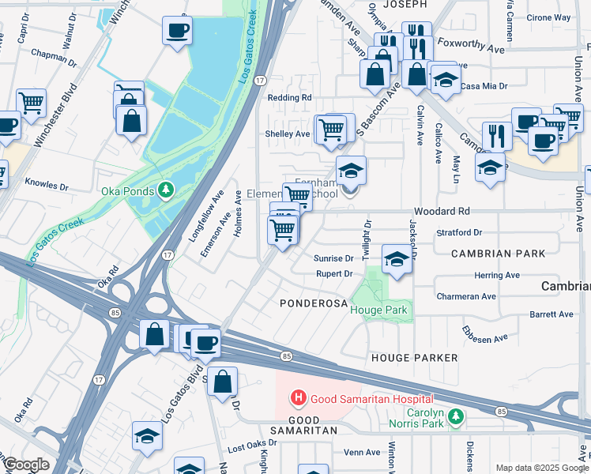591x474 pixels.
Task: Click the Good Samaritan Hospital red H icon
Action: coord(299,398)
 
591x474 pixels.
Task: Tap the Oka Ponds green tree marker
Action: coord(166,190)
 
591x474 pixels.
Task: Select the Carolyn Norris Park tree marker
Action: coord(455,416)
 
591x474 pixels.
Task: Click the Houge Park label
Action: coord(379,310)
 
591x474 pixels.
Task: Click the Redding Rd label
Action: coord(290,97)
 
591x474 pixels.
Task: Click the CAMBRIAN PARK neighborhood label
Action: coord(499,254)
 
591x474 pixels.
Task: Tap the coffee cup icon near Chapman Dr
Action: coord(176,31)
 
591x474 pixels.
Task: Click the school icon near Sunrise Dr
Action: coord(397,258)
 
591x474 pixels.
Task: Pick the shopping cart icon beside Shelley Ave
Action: coord(332,128)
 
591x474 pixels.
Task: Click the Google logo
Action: coord(25,465)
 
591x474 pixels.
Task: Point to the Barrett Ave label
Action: coord(551,314)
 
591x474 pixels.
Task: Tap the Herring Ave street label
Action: coord(498,276)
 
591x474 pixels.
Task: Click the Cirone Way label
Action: coord(549,17)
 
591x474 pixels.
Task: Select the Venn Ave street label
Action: coord(362,453)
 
